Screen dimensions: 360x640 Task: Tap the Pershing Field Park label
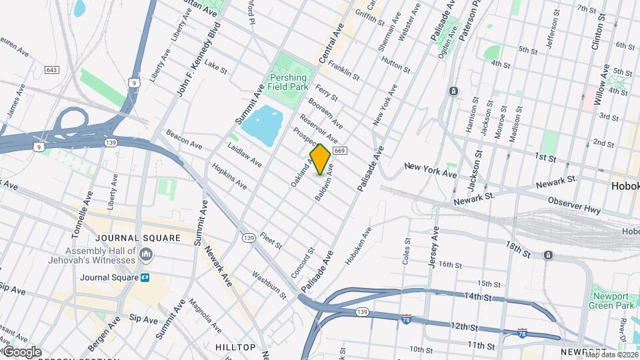[287, 82]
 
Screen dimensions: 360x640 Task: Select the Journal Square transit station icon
[145, 277]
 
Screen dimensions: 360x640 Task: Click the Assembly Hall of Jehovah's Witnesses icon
[147, 255]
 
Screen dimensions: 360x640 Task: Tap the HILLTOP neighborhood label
[235, 347]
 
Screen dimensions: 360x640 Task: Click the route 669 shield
[340, 151]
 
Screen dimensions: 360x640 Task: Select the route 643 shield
[52, 70]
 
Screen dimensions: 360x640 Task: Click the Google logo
[21, 352]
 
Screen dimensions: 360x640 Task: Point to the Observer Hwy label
[574, 205]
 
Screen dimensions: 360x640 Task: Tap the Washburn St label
[269, 285]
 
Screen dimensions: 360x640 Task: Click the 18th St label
[519, 251]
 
